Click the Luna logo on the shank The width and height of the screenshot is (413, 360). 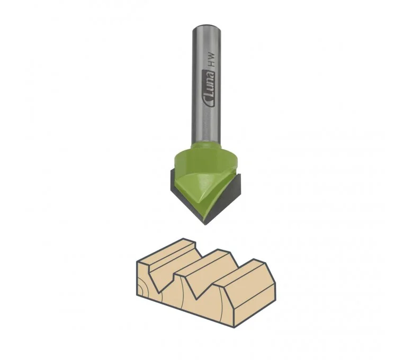coord(209,89)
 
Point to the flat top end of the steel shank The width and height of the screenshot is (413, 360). coord(206,27)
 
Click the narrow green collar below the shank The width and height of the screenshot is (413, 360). coord(206,146)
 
